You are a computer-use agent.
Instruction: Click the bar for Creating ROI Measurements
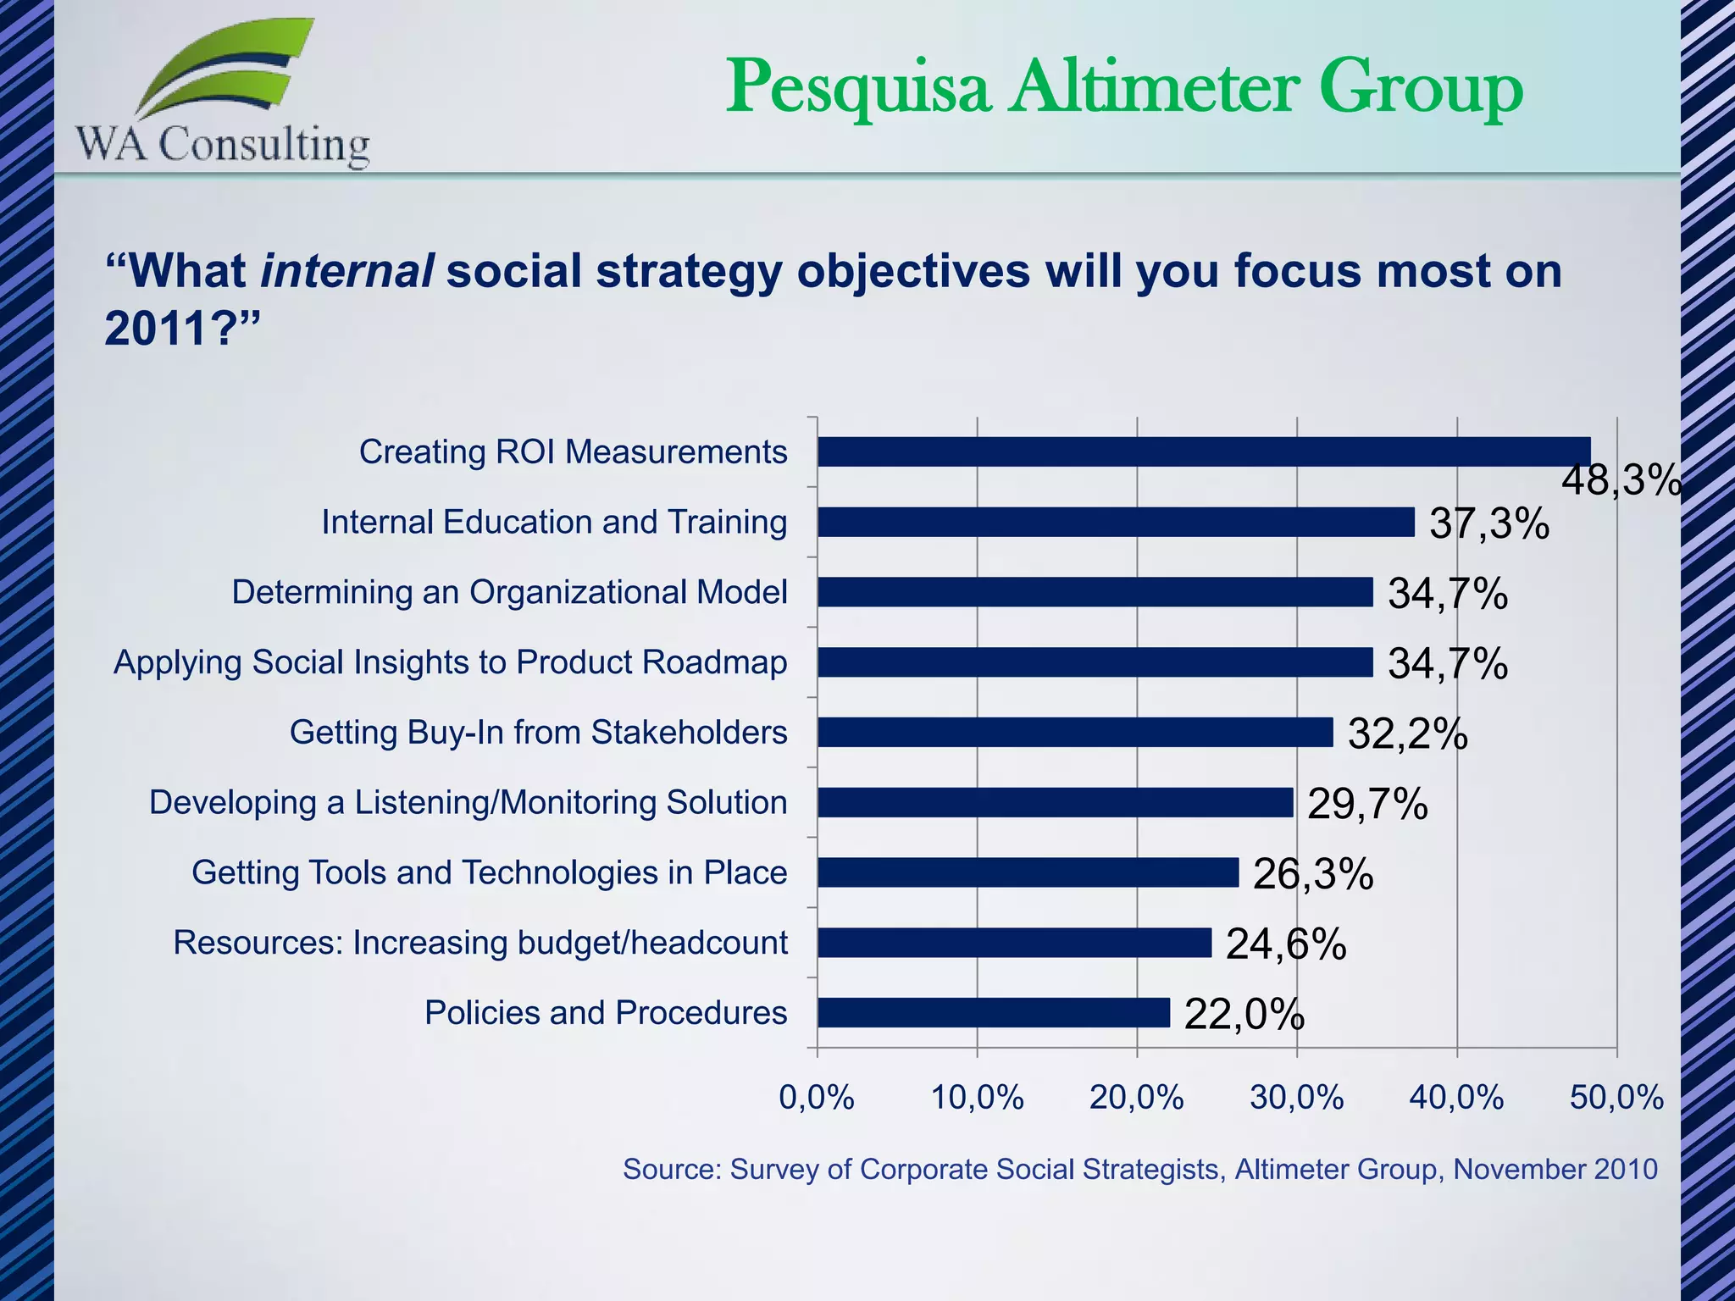click(1203, 451)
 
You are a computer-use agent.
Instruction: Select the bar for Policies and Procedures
click(993, 1012)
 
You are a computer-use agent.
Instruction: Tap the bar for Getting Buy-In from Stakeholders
click(1074, 732)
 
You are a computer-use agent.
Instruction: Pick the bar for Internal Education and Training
click(1115, 522)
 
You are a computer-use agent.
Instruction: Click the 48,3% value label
click(1620, 481)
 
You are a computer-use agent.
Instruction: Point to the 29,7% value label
click(1367, 804)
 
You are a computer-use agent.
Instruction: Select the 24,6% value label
click(1286, 944)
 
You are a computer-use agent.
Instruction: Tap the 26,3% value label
click(1313, 874)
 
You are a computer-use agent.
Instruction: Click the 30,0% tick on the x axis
click(1296, 1099)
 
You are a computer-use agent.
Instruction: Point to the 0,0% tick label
click(817, 1099)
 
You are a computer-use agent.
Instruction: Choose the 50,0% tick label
click(1616, 1099)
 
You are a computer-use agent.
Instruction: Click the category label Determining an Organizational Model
click(509, 592)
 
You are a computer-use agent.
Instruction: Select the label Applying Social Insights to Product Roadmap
click(450, 662)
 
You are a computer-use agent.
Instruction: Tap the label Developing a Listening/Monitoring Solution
click(468, 802)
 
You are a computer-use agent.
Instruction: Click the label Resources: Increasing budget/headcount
click(480, 943)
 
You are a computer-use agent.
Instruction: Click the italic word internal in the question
click(347, 272)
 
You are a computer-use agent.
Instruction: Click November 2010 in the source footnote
click(1555, 1170)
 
